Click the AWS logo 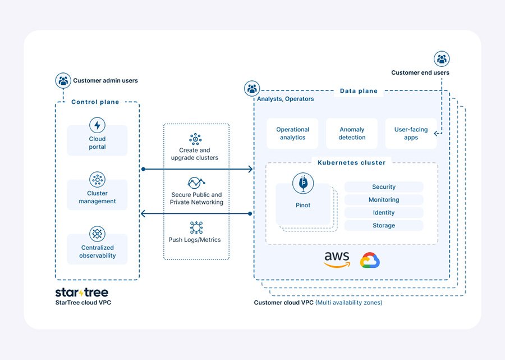(x=337, y=259)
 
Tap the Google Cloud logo (x=370, y=261)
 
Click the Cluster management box (x=97, y=194)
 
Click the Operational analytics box (x=292, y=134)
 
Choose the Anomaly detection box (x=352, y=134)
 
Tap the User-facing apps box (x=411, y=134)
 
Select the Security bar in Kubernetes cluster (x=384, y=187)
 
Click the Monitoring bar (x=384, y=200)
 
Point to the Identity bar (x=384, y=213)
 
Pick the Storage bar (x=384, y=226)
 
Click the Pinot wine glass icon (x=303, y=183)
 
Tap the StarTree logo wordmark (x=82, y=293)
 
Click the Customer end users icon (x=442, y=58)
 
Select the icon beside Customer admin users (x=63, y=80)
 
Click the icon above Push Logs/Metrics (x=195, y=227)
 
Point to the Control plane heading (x=95, y=102)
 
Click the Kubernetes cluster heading (x=351, y=163)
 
